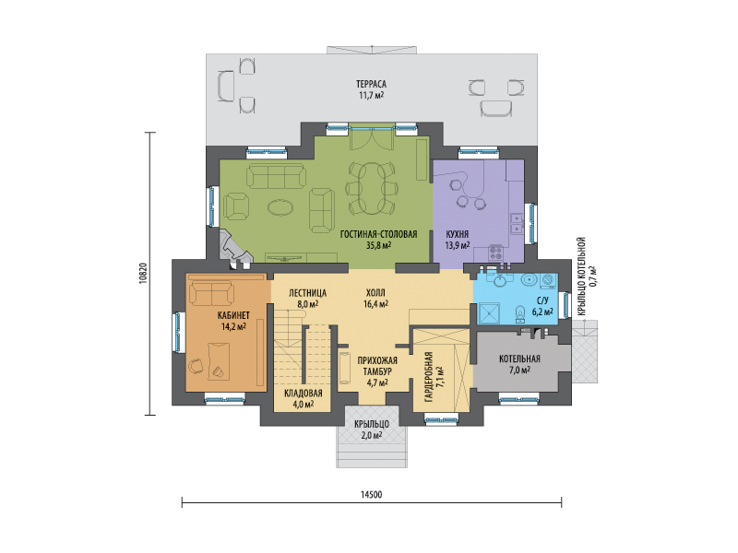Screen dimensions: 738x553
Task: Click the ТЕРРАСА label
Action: tap(371, 84)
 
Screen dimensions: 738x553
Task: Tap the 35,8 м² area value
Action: tap(378, 245)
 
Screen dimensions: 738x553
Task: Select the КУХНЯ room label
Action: tap(457, 234)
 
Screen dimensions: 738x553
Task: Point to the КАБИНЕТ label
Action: tap(233, 315)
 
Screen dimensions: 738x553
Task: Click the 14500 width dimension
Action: tap(372, 495)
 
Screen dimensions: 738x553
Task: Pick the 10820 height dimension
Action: tap(144, 273)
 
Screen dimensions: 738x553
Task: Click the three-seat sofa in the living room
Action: tap(276, 176)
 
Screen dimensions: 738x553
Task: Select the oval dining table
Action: tap(372, 188)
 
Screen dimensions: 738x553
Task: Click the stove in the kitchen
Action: tap(495, 253)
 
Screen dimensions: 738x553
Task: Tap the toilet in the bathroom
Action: tap(520, 313)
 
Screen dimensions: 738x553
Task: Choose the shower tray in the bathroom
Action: tap(490, 312)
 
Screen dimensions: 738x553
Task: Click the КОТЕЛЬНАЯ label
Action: tap(519, 359)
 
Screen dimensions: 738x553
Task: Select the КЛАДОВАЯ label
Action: tap(304, 394)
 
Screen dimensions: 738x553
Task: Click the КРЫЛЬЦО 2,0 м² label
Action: tap(372, 429)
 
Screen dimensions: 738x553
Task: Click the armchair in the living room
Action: tap(236, 206)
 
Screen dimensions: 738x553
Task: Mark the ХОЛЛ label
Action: tap(375, 293)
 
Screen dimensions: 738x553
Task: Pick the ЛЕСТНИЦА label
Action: tap(307, 293)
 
